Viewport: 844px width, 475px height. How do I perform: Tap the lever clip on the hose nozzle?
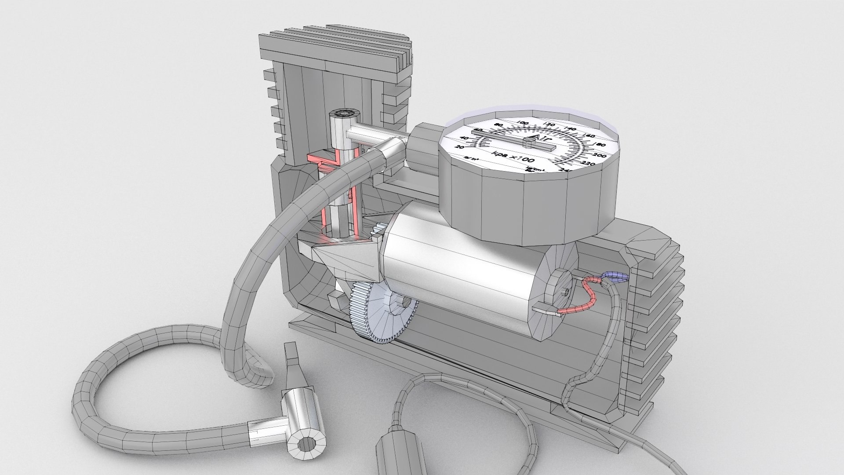(291, 360)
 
